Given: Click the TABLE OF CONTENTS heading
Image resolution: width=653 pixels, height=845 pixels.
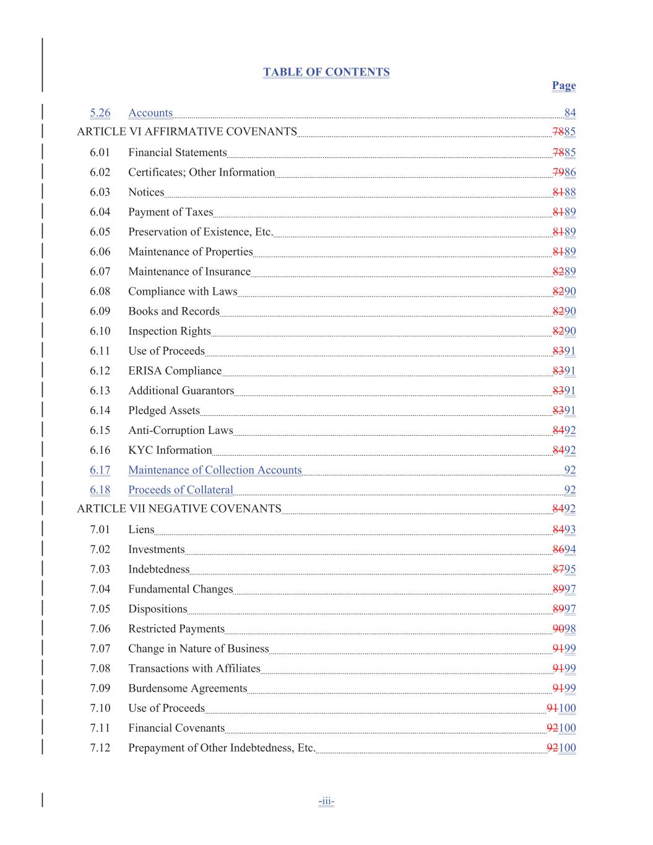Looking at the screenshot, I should click(x=326, y=72).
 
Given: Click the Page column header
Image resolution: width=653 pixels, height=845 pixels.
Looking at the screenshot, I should click(x=563, y=85).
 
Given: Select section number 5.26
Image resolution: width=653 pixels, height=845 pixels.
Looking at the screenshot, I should click(x=100, y=113).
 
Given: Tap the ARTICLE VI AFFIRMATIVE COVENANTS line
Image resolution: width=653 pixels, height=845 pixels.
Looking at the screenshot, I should click(x=186, y=131).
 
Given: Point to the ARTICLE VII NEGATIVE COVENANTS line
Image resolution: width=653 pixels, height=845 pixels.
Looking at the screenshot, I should click(x=179, y=509).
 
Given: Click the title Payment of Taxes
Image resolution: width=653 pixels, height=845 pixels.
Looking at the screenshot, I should click(x=170, y=212).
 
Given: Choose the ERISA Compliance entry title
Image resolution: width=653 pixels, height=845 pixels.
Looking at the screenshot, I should click(x=175, y=371).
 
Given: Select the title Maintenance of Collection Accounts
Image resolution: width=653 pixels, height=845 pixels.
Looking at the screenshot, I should click(x=215, y=470).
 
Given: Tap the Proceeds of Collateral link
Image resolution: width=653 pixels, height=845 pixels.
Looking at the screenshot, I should click(x=181, y=490).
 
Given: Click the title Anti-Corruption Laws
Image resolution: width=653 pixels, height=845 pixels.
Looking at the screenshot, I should click(x=181, y=430).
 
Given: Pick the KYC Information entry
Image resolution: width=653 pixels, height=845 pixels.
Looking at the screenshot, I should click(x=170, y=450).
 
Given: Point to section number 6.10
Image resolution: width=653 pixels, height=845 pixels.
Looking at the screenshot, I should click(x=100, y=331).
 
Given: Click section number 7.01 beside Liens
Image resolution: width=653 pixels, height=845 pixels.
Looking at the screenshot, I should click(x=100, y=529).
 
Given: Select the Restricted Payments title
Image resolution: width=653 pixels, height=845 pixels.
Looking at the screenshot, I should click(x=176, y=629).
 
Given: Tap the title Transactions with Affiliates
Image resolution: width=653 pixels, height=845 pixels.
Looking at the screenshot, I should click(x=194, y=669).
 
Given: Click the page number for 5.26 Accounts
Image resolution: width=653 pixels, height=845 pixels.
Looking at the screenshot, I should click(x=569, y=113).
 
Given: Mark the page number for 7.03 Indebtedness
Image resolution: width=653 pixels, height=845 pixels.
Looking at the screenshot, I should click(x=564, y=570).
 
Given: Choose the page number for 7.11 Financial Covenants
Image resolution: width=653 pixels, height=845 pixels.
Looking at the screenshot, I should click(x=561, y=728).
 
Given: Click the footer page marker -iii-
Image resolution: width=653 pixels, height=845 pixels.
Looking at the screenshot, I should click(x=326, y=802).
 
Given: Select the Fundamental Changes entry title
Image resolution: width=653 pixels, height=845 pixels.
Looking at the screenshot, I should click(x=180, y=589).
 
